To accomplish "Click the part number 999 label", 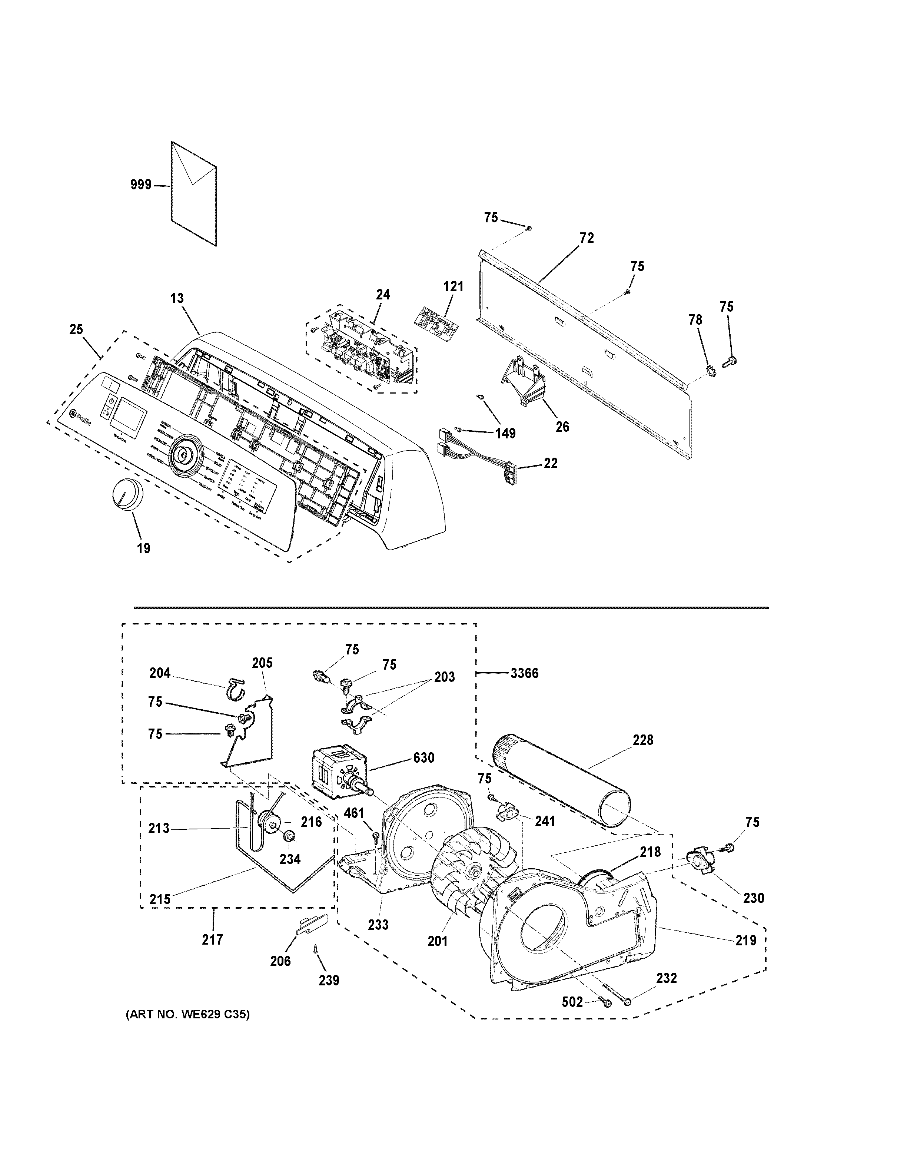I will [x=141, y=185].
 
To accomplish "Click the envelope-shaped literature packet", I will [x=193, y=193].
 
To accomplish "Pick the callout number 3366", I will [x=524, y=673].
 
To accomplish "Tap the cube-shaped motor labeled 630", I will [x=334, y=772].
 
